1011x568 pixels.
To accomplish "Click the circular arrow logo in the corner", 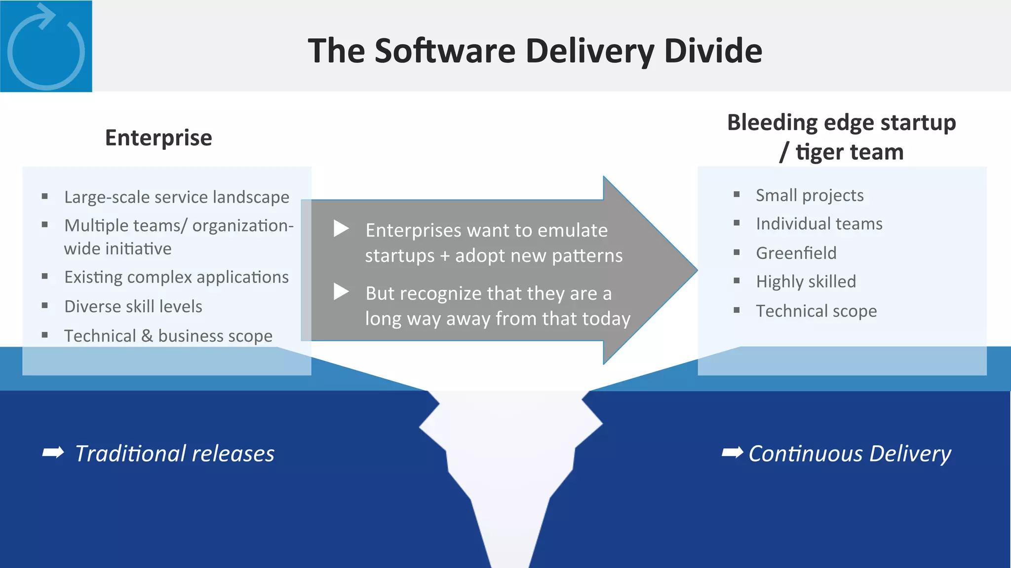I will click(46, 46).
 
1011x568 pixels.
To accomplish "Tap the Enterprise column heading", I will click(158, 138).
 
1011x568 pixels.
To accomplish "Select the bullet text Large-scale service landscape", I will click(177, 197).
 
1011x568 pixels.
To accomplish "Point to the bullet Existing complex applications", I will click(176, 278).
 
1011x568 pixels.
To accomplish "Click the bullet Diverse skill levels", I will click(133, 307).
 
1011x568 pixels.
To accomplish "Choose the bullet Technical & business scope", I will click(168, 336).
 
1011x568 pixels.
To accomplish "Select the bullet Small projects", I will click(810, 196).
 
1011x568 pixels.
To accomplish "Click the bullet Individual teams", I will click(819, 224).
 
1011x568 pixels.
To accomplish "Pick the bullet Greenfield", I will click(796, 253).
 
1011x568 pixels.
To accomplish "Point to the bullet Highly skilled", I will click(806, 282).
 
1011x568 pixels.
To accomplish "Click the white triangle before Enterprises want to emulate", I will click(341, 228).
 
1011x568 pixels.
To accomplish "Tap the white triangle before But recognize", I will click(341, 291).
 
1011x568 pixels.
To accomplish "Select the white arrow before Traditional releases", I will click(53, 452).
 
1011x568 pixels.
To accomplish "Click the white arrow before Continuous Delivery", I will click(732, 452).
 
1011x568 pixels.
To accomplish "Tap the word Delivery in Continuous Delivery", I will click(910, 454).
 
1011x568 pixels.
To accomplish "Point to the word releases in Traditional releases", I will click(233, 454).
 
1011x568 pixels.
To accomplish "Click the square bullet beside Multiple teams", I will click(45, 225).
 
